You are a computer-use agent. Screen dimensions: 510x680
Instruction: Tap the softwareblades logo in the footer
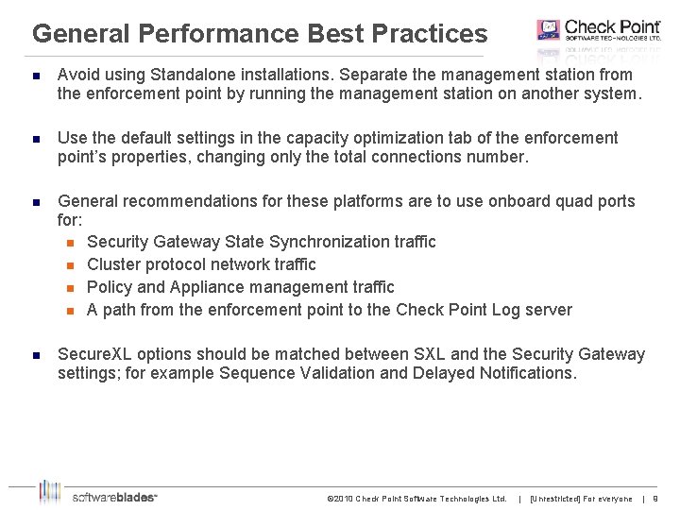[98, 495]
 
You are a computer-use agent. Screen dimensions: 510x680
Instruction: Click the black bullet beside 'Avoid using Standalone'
[35, 75]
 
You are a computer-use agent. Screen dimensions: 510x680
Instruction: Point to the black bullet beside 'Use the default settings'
[35, 138]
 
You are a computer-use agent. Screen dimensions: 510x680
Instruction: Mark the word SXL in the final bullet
[431, 354]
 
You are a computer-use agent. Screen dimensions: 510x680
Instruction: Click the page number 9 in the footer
[655, 499]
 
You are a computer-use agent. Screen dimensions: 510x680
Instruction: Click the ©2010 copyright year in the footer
[338, 499]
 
